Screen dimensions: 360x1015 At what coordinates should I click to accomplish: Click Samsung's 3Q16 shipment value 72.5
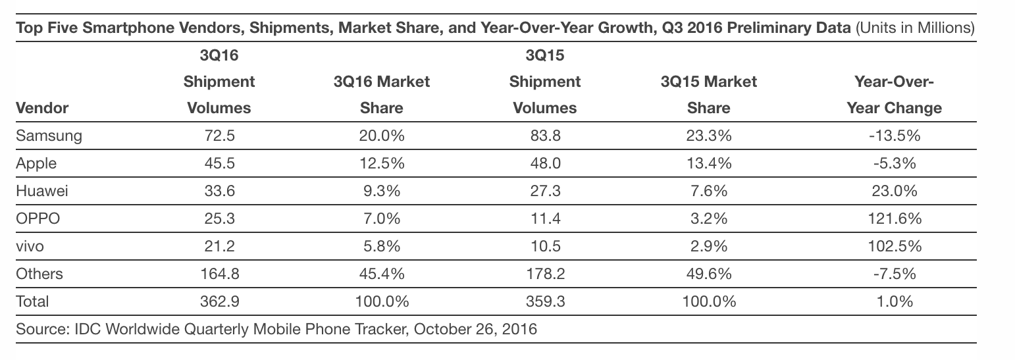tap(219, 136)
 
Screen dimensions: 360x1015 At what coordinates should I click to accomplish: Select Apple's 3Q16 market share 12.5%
tap(381, 163)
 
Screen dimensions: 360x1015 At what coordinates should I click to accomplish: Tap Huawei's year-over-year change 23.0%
tap(893, 191)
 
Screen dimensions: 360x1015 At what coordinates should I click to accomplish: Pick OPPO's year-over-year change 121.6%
tap(893, 219)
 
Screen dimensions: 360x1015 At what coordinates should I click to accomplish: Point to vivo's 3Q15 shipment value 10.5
tap(544, 246)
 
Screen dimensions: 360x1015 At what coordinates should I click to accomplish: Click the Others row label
tap(39, 274)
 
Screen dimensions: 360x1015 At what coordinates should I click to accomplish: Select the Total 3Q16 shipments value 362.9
tap(219, 301)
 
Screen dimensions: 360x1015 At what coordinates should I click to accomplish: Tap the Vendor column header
tap(42, 108)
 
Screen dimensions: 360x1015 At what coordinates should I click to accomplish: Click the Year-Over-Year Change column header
tap(894, 95)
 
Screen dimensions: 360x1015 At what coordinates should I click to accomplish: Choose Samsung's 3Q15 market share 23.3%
tap(709, 136)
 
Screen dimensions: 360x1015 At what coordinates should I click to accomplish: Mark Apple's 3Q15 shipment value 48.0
tap(544, 163)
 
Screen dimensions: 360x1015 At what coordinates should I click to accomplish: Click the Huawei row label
tap(42, 191)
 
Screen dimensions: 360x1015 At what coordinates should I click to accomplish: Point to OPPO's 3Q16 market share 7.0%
tap(381, 219)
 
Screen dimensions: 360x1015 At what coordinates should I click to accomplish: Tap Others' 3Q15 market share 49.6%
tap(709, 274)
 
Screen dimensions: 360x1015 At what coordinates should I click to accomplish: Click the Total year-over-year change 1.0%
tap(893, 301)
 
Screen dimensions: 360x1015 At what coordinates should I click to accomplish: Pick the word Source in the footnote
tap(38, 328)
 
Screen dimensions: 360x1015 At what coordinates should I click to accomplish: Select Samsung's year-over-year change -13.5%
tap(893, 136)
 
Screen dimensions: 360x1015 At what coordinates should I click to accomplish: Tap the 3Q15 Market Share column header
tap(709, 95)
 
